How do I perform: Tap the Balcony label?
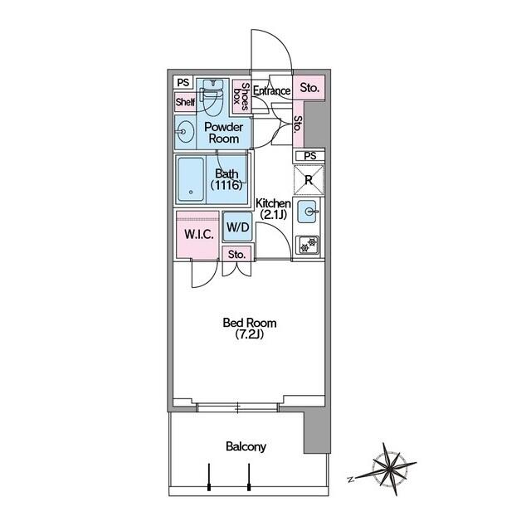tap(246, 446)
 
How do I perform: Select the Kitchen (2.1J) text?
tap(272, 208)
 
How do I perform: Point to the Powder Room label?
tap(224, 133)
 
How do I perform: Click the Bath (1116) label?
tap(227, 179)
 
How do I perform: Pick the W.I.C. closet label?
tap(198, 234)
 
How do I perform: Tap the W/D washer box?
tap(237, 227)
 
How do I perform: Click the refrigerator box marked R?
tap(309, 180)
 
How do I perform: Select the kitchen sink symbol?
tap(309, 212)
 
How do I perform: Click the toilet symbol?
tap(213, 97)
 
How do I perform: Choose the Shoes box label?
tap(241, 95)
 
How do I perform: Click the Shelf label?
tap(184, 103)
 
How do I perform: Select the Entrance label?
tap(271, 91)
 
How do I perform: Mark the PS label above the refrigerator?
tap(309, 156)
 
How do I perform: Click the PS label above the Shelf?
tap(183, 83)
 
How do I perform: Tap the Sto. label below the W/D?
tap(236, 255)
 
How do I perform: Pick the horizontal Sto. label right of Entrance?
tap(309, 87)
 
